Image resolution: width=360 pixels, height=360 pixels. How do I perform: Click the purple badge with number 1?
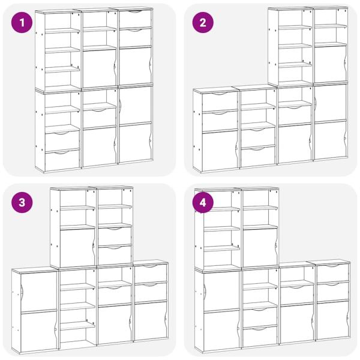pos(22,23)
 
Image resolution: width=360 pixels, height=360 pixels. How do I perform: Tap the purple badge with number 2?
pos(203,23)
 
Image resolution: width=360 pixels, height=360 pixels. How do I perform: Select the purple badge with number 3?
pos(22,203)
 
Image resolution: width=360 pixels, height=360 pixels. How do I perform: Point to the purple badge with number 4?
pos(203,203)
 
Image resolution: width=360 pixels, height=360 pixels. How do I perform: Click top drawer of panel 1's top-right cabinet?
pos(135,19)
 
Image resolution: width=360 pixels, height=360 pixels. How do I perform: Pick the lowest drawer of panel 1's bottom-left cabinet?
pos(62,160)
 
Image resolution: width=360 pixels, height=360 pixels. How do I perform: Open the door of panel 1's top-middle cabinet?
pos(100,68)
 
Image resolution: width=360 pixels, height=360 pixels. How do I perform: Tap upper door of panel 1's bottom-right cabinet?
pos(135,106)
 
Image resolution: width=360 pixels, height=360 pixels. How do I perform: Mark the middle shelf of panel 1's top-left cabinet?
pos(62,50)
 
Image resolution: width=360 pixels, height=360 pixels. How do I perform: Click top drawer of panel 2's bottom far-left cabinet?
pos(220,101)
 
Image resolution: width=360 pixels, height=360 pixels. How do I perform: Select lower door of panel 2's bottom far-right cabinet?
pos(331,140)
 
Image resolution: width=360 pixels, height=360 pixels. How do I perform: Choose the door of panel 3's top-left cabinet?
pos(77,247)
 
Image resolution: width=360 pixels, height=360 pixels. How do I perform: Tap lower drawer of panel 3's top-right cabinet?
pos(115,254)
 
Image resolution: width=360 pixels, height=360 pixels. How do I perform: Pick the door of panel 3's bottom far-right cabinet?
pos(151,321)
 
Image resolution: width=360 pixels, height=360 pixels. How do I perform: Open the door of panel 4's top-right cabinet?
pos(260,247)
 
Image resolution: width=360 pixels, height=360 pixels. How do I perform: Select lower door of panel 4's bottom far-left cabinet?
pos(221,330)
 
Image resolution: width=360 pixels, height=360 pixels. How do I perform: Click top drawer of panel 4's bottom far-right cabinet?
pos(332,273)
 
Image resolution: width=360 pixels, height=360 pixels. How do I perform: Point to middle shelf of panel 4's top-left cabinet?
pos(222,229)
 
